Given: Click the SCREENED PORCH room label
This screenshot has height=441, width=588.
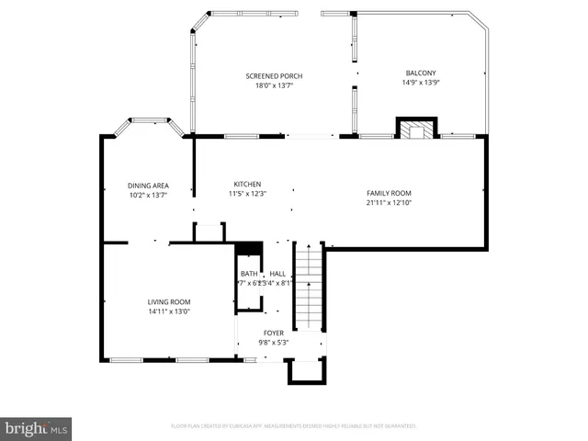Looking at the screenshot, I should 274,75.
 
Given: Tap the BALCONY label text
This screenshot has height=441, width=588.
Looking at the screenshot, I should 421,73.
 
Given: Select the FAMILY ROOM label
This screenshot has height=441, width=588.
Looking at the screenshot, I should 388,193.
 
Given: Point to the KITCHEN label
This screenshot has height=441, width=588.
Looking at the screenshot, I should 247,184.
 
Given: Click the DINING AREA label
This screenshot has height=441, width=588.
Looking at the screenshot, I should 148,186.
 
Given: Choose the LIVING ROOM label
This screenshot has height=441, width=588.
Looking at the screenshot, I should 169,301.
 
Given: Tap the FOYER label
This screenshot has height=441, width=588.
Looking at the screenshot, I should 274,333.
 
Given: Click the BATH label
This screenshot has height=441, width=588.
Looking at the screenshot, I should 249,274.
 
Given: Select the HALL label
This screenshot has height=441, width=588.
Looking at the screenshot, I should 277,274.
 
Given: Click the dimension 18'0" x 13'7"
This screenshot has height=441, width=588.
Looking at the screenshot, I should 274,85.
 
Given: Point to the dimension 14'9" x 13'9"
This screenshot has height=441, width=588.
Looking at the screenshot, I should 421,83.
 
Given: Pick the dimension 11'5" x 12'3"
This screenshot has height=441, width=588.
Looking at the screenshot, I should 247,194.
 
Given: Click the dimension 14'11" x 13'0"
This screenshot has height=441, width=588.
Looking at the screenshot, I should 169,311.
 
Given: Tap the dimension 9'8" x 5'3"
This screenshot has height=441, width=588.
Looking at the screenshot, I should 274,343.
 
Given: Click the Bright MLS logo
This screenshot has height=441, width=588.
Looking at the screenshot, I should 37,428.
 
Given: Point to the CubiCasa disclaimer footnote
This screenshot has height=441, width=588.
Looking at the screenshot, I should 294,426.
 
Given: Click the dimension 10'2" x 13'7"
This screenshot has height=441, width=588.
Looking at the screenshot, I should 148,195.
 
